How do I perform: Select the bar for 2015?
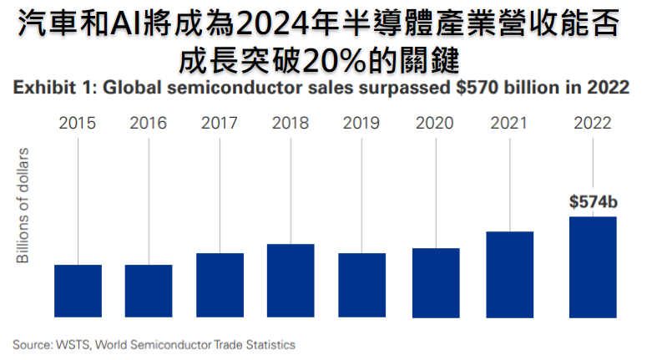(78, 291)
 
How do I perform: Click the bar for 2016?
(149, 291)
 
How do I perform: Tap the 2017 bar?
(220, 285)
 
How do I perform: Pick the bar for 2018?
(291, 281)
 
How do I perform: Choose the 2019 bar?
(361, 285)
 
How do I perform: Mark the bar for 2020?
(436, 282)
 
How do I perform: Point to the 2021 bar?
(509, 274)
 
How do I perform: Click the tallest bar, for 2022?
(593, 266)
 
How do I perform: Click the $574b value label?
(592, 201)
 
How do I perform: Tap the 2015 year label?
(78, 123)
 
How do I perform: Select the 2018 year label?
(291, 123)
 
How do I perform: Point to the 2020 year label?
(436, 123)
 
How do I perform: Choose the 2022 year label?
(593, 123)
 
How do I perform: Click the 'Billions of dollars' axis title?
(24, 205)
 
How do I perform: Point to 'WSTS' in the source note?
(69, 344)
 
